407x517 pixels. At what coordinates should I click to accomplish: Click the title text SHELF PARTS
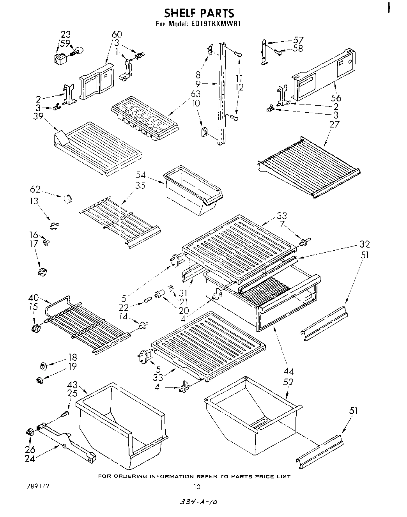pyautogui.click(x=199, y=14)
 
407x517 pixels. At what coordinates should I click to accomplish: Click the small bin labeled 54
pyautogui.click(x=193, y=189)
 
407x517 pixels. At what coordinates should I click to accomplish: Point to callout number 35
pyautogui.click(x=140, y=185)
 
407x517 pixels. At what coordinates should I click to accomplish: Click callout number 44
pyautogui.click(x=289, y=371)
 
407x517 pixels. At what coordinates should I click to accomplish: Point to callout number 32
pyautogui.click(x=365, y=244)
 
